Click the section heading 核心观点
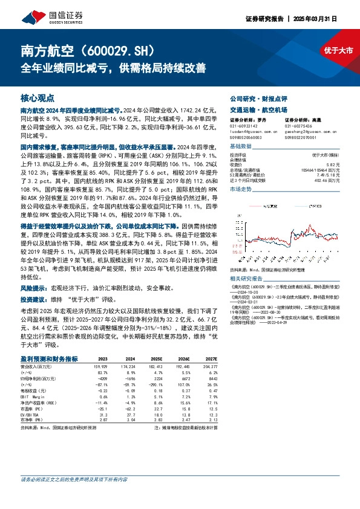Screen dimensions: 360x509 (x=38, y=97)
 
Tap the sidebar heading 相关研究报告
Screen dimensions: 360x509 (x=246, y=278)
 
